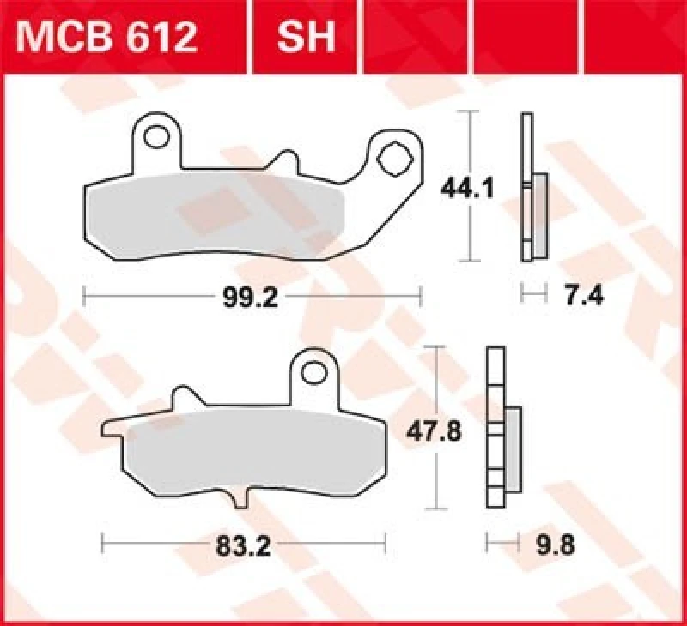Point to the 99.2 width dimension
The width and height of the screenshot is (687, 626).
tap(251, 297)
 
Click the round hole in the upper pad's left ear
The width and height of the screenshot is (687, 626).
tap(157, 137)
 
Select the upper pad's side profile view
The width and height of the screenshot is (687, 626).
tap(532, 189)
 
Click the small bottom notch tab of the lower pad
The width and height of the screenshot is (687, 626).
tap(239, 495)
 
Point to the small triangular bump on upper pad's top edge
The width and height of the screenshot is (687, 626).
tap(281, 160)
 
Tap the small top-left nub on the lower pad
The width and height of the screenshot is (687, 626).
tap(181, 395)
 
